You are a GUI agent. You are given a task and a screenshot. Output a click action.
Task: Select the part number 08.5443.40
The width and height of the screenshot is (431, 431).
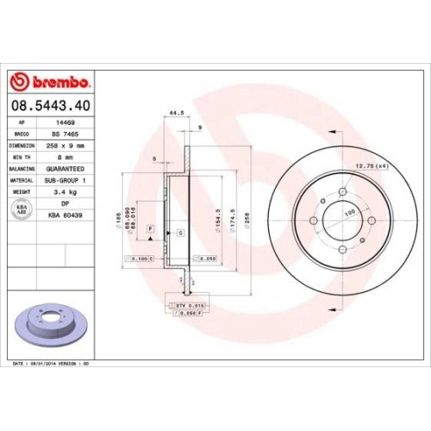click(51, 106)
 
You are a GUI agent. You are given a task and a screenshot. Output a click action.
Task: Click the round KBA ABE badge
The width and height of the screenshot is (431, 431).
click(20, 209)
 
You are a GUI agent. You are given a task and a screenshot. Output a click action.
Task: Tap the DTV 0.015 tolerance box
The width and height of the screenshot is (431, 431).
click(186, 305)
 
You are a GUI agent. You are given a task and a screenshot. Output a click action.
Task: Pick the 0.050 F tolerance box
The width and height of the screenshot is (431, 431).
click(186, 315)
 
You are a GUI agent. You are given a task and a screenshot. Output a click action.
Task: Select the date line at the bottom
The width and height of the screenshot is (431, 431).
click(52, 364)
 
